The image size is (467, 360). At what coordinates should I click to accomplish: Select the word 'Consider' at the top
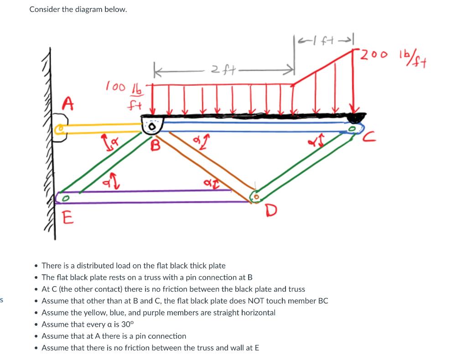pyautogui.click(x=44, y=9)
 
